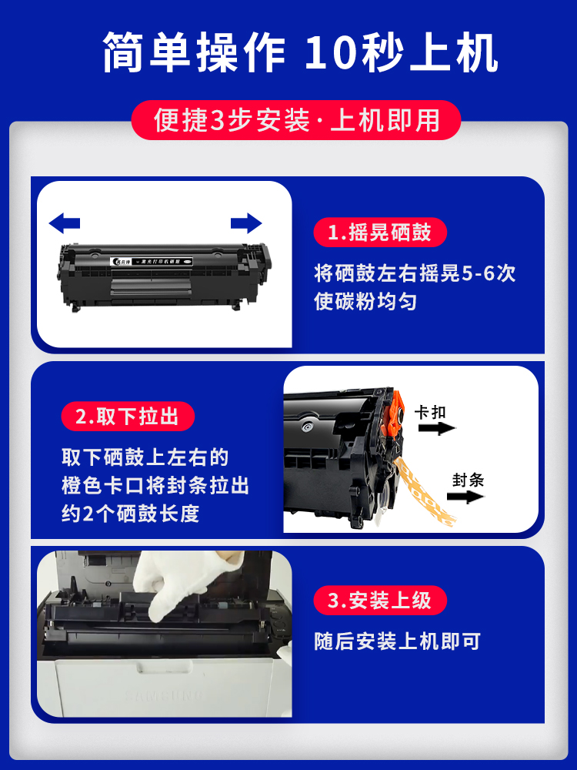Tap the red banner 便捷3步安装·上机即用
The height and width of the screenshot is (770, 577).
[x=296, y=121]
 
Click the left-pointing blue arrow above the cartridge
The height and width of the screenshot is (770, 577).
[x=65, y=224]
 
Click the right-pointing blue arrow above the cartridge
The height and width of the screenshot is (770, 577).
[x=246, y=224]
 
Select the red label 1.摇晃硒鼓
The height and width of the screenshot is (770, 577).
[x=379, y=233]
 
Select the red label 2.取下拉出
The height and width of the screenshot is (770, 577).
[x=128, y=417]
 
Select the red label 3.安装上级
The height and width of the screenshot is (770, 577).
[x=379, y=601]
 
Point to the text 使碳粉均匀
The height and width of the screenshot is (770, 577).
[x=365, y=301]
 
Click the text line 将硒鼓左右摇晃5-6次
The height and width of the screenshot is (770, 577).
[x=415, y=273]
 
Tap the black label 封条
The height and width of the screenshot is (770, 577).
[x=468, y=480]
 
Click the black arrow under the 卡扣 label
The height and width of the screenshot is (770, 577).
[x=436, y=428]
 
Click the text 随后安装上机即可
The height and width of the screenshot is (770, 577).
[x=397, y=641]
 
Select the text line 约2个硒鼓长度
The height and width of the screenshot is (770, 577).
[x=131, y=514]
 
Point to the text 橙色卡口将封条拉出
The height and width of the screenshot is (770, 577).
[x=155, y=486]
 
